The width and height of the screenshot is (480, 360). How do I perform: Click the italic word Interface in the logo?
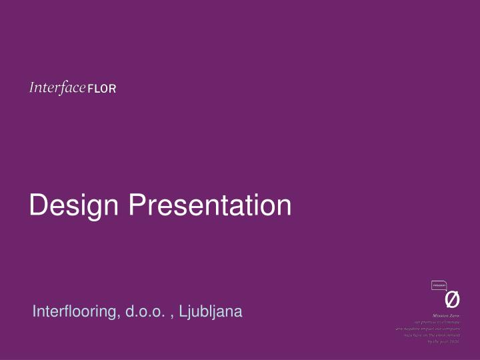coord(57,88)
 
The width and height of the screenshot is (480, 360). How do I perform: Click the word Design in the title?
coord(74,206)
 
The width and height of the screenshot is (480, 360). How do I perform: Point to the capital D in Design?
coord(38,205)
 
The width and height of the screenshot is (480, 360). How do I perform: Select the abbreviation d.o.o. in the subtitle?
coord(147,311)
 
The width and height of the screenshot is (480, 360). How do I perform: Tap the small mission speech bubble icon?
coord(439,285)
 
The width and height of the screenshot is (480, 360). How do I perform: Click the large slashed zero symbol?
coord(451,301)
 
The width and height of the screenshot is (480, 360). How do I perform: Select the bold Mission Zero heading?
coord(446,315)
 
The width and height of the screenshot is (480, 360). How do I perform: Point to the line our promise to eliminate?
coord(437,322)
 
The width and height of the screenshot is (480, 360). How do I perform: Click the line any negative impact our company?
coord(427,328)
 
